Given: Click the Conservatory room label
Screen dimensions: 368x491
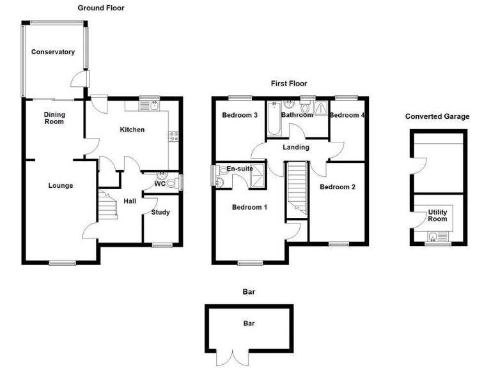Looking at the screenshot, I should tap(54, 52).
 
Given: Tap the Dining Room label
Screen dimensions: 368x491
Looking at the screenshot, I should tap(54, 118).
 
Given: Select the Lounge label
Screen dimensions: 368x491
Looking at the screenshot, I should tap(61, 186).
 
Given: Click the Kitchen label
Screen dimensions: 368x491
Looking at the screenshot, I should tap(132, 130).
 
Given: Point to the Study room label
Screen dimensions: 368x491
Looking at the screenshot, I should tap(160, 212).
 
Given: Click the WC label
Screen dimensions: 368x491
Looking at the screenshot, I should tap(160, 184).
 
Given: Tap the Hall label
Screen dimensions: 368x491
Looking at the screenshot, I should tap(130, 201).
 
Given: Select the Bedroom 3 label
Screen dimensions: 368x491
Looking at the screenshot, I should tap(240, 116).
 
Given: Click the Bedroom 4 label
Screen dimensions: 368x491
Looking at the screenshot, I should tap(347, 116).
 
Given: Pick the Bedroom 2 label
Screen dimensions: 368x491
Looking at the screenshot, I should tap(337, 187).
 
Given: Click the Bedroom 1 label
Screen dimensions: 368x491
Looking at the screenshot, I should tap(249, 207).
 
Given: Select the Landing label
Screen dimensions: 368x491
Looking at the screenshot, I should tap(296, 148).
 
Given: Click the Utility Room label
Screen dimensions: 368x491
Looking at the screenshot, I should tap(437, 215).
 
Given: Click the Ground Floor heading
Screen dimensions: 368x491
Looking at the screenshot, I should tap(101, 8).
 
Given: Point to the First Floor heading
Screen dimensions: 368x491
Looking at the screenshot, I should tap(289, 83).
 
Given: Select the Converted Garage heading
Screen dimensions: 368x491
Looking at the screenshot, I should tap(437, 116).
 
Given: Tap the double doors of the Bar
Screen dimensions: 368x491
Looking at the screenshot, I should tap(231, 356).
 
